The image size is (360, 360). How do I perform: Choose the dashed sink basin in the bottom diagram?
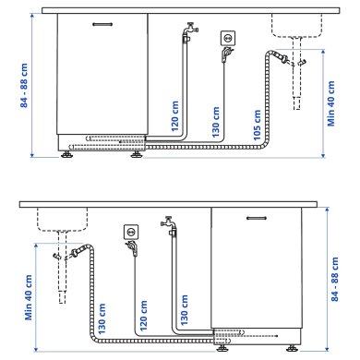click(61, 220)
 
